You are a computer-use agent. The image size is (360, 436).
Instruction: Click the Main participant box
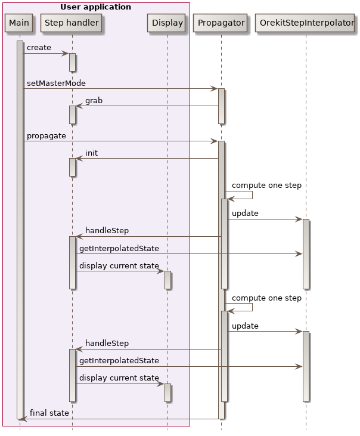click(x=19, y=23)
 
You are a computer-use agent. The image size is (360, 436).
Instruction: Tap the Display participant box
click(x=167, y=23)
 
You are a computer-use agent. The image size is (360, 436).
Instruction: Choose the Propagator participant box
click(x=221, y=23)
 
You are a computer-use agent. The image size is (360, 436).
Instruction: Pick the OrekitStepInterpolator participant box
click(x=306, y=23)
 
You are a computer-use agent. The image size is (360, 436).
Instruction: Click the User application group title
click(x=95, y=7)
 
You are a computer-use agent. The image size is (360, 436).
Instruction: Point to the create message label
click(x=39, y=48)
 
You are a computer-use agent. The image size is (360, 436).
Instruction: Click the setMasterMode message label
click(x=56, y=83)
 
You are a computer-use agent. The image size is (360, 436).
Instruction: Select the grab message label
click(x=94, y=101)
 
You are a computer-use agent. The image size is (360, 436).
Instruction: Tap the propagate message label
click(x=46, y=136)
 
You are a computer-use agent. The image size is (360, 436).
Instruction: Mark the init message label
click(x=91, y=153)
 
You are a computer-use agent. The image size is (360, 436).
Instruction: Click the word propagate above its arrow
click(x=46, y=136)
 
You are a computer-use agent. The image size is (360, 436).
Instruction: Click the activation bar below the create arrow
click(x=72, y=62)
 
